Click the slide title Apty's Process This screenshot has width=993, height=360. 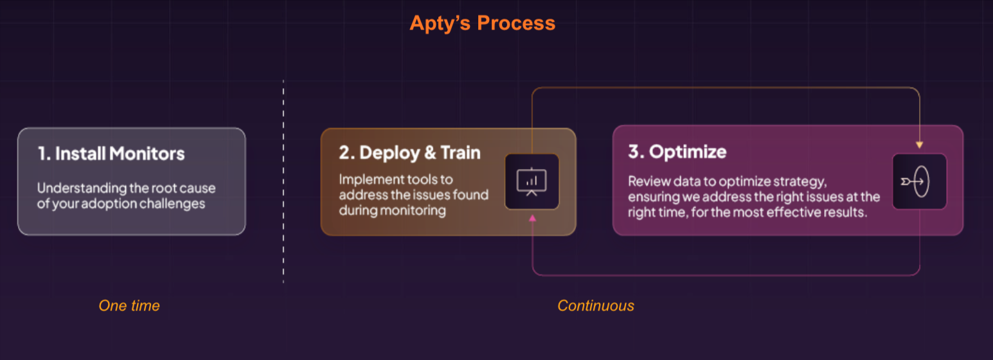tap(482, 23)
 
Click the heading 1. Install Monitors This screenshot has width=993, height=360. tap(111, 154)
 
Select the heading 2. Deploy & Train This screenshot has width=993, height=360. tap(409, 152)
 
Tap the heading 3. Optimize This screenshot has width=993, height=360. tap(677, 152)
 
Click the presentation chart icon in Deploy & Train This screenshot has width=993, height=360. tap(532, 181)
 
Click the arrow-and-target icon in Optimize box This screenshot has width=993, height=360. tap(919, 181)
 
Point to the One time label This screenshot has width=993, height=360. tap(129, 306)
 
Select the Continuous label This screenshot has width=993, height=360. tap(595, 306)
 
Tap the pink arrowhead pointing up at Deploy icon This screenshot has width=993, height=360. tap(532, 219)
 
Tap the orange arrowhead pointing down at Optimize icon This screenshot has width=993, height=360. tap(919, 145)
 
